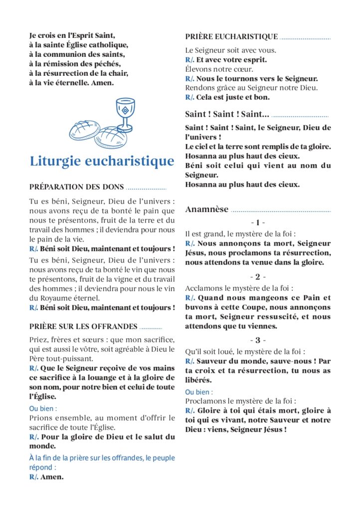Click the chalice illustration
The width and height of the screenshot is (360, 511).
coord(125,114)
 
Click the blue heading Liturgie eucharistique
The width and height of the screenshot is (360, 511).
coord(102,161)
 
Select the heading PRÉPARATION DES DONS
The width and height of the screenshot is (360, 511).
coord(76,187)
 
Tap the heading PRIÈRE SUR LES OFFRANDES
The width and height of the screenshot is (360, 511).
coord(83,326)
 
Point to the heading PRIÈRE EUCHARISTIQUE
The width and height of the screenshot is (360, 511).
coord(231,36)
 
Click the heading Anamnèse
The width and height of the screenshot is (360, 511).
coord(207,209)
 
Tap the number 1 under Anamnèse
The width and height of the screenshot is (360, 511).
coord(258,223)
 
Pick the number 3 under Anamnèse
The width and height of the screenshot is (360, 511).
coord(258,340)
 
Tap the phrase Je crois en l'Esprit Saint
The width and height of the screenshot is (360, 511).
coord(72,35)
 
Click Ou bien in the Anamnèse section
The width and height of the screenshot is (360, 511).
coord(199,392)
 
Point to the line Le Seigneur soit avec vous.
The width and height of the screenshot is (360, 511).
coord(230,50)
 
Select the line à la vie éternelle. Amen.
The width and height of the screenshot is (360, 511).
coord(71,82)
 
